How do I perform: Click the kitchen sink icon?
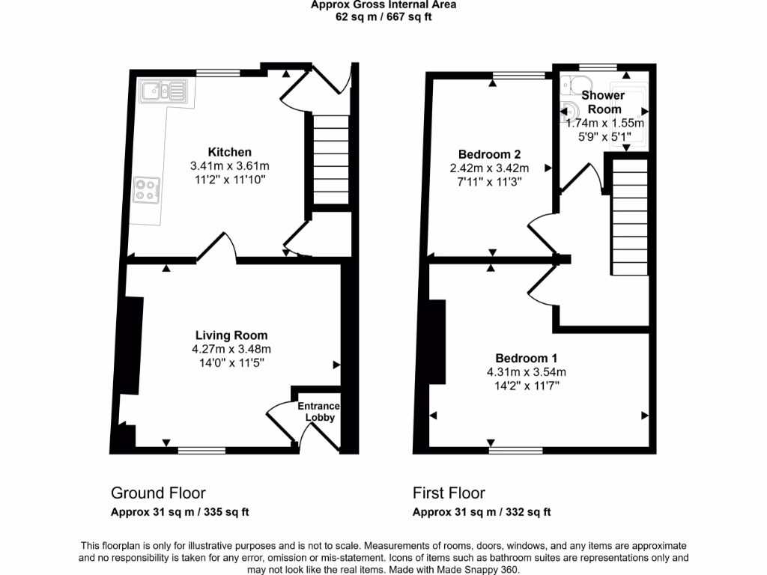[164, 92]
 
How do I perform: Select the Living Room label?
[231, 335]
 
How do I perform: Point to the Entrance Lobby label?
[318, 412]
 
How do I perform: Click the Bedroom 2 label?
[491, 155]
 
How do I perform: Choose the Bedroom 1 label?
[526, 358]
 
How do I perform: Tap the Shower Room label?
[603, 102]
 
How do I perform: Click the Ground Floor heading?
[158, 493]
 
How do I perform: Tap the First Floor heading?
[449, 493]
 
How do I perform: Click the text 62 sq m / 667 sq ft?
[383, 16]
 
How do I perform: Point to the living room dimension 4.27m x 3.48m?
[231, 349]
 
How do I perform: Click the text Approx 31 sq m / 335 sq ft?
[180, 512]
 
